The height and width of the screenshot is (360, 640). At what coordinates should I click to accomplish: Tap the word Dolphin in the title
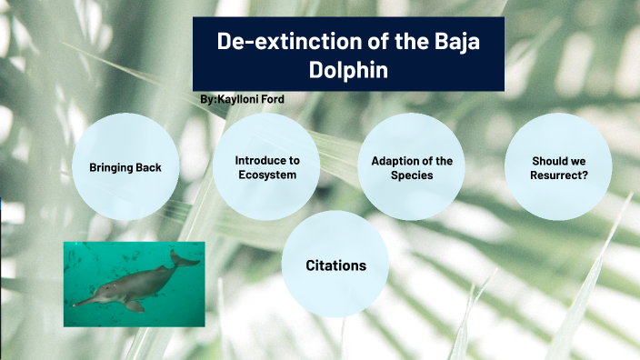[x=349, y=69]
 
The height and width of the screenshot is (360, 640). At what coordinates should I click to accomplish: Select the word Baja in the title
[x=453, y=41]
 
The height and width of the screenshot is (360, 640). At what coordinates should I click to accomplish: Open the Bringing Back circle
[x=125, y=167]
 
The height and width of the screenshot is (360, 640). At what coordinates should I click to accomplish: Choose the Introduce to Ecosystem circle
[x=266, y=166]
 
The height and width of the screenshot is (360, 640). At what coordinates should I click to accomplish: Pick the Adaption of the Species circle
[x=412, y=167]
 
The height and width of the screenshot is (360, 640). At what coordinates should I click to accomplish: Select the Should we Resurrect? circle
[x=558, y=167]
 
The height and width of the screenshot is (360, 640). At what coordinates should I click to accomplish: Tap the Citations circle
[x=335, y=265]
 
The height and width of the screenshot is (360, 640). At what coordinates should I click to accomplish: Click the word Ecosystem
[x=266, y=175]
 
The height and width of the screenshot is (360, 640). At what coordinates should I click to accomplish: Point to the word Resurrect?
[x=558, y=175]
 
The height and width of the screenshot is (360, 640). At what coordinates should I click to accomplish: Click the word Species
[x=412, y=175]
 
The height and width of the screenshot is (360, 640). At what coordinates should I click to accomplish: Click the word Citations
[x=335, y=265]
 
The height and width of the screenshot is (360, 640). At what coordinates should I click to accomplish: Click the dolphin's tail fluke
[x=185, y=259]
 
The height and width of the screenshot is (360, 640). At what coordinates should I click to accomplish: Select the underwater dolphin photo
[x=134, y=284]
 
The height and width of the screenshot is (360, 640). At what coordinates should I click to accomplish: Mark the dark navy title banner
[x=349, y=54]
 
